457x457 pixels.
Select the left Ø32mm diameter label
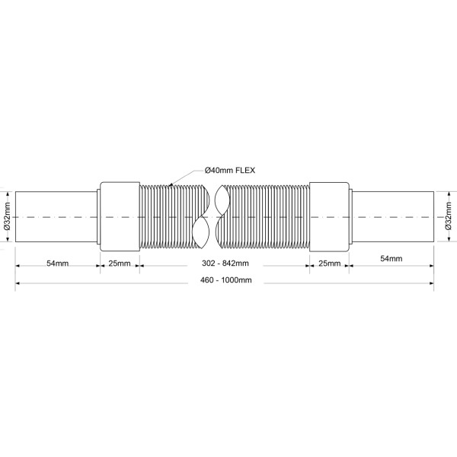6,216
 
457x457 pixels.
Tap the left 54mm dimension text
57,263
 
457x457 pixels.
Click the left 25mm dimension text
119,263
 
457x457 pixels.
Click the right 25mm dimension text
329,263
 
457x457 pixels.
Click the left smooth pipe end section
57,216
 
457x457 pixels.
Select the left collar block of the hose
119,216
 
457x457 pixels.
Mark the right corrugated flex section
267,216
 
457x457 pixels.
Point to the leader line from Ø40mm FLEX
187,176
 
